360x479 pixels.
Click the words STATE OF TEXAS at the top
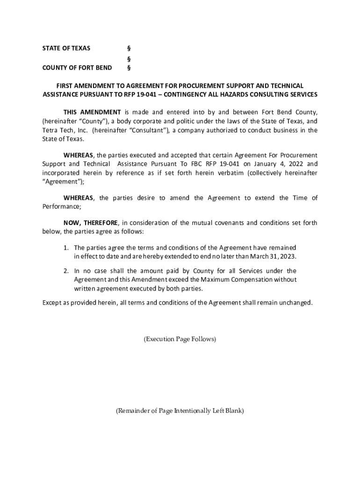coord(66,48)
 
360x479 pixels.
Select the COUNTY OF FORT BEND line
coord(77,68)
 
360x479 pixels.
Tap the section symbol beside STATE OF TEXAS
coord(129,48)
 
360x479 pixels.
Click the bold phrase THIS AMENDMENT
coord(92,112)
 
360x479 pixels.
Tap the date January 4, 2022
coord(278,164)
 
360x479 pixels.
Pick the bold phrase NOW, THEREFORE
coord(91,223)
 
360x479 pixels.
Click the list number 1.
coord(66,247)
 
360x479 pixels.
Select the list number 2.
coord(66,271)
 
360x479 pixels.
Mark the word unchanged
coord(295,303)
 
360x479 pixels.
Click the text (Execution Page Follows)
coord(180,339)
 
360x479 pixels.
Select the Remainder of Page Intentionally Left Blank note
coord(180,411)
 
